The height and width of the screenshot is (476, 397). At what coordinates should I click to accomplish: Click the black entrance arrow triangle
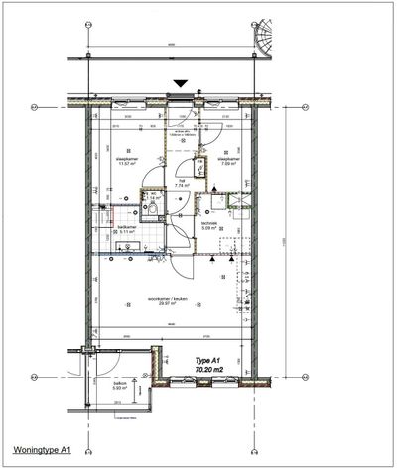(180, 86)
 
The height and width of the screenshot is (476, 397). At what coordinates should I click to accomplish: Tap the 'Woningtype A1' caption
(42, 450)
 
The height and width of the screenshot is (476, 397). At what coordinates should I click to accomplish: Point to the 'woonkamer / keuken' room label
(141, 299)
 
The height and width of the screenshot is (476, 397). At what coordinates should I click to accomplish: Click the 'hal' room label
(182, 179)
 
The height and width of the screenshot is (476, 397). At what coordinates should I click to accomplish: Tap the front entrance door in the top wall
(180, 100)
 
